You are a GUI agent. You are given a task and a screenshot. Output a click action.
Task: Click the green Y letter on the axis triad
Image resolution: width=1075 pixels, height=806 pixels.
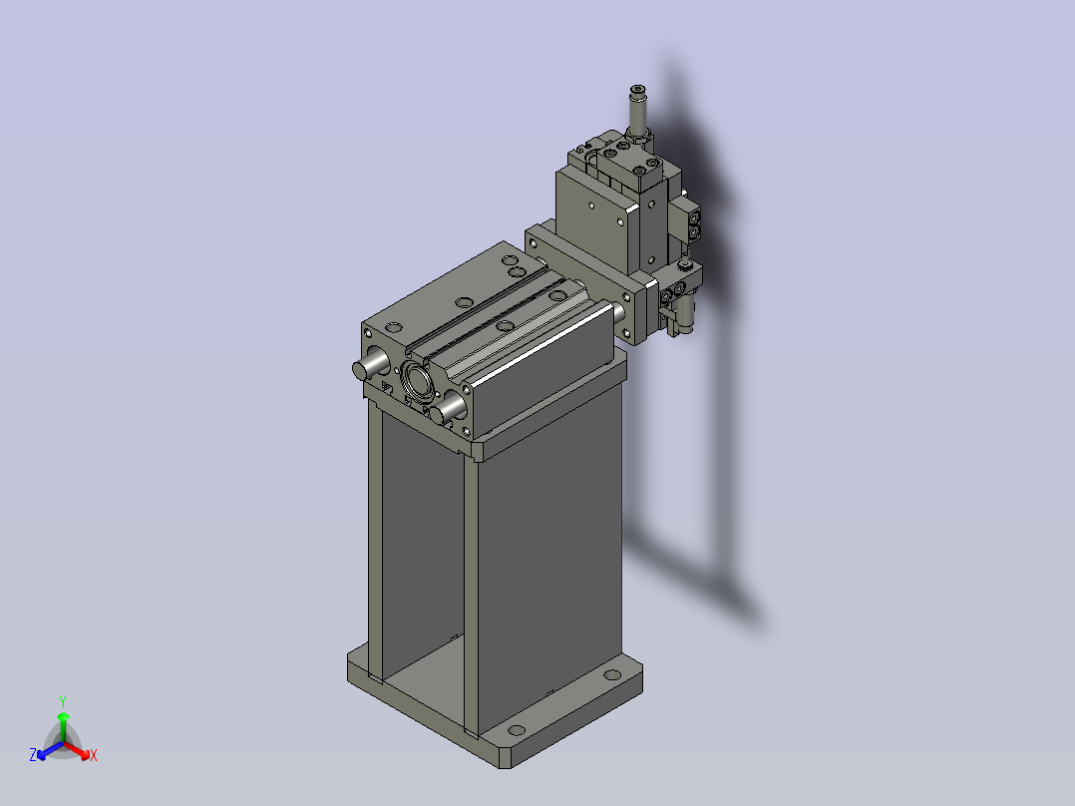click(x=63, y=701)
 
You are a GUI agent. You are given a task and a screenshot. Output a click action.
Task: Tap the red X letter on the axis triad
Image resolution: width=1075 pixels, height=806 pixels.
click(x=94, y=755)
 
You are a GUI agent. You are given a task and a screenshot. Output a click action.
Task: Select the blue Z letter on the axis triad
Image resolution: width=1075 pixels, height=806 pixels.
click(x=33, y=754)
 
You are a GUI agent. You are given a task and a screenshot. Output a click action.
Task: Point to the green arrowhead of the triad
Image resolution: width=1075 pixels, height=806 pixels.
click(x=63, y=716)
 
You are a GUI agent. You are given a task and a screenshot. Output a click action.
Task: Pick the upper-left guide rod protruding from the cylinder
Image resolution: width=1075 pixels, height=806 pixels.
click(x=370, y=364)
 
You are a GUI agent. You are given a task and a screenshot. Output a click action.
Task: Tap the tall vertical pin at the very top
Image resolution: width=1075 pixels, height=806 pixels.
click(x=637, y=113)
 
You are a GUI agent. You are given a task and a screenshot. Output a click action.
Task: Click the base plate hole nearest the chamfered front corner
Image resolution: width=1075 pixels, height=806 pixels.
click(x=517, y=730)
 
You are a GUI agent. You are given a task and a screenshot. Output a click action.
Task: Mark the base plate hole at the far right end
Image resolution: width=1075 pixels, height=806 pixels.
click(x=612, y=675)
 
